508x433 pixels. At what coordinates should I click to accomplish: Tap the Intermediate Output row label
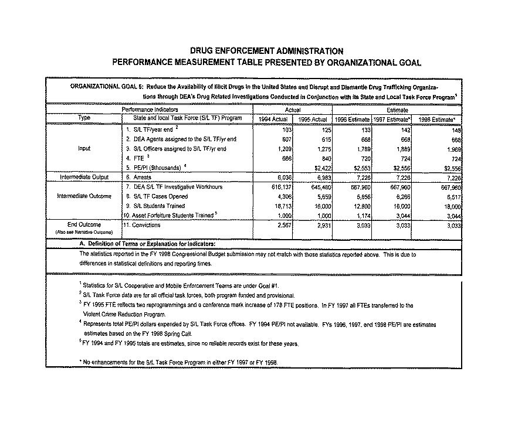[83, 175]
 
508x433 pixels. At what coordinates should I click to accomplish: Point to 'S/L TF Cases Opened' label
[157, 196]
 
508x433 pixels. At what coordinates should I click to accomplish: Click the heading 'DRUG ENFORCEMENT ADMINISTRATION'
[267, 51]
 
